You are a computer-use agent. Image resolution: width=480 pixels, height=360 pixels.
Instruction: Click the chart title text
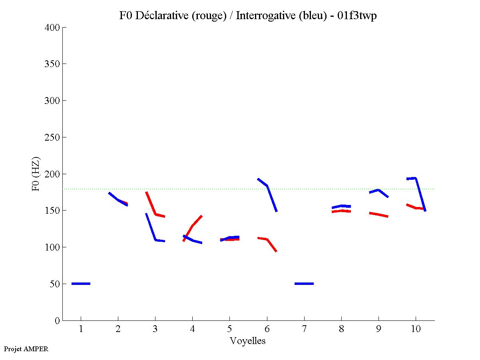[248, 16]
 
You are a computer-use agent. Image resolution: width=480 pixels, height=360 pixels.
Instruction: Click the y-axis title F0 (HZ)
[36, 174]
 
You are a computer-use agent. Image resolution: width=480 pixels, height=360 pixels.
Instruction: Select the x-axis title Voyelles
[248, 341]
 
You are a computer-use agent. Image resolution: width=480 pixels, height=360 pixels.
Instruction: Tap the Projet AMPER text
[26, 349]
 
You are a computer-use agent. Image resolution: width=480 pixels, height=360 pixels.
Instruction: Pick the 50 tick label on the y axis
[56, 284]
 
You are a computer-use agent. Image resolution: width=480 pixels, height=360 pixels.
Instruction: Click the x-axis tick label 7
[304, 329]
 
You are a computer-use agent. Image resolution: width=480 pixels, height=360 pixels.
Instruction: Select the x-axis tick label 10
[416, 329]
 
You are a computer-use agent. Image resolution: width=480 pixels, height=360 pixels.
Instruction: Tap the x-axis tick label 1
[81, 329]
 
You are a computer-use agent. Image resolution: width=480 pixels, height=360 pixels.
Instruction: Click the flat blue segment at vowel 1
[81, 284]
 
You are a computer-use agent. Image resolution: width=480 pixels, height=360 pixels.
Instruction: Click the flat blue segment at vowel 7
[304, 284]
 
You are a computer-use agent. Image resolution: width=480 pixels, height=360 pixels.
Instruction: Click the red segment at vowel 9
[378, 215]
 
